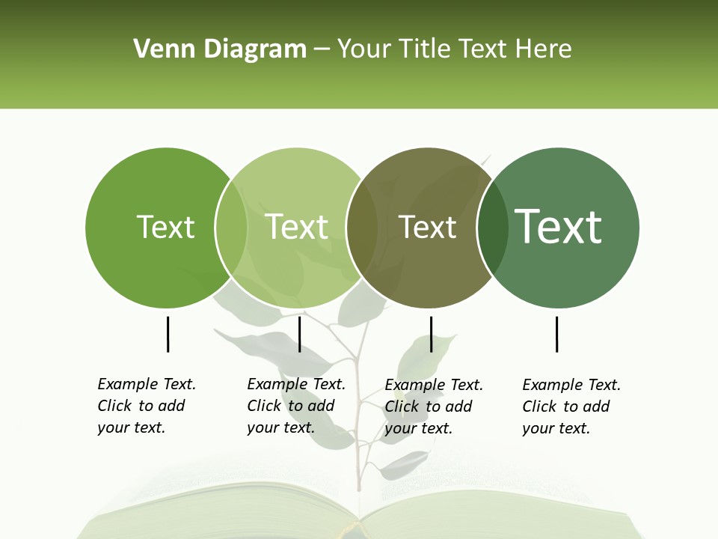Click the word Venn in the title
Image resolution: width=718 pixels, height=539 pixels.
point(156,49)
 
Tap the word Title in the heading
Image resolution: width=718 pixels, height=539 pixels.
point(426,49)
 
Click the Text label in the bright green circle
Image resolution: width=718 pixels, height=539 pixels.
point(165,227)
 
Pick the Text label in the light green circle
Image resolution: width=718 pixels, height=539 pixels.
point(296,227)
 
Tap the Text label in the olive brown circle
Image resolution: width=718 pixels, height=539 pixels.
point(427,227)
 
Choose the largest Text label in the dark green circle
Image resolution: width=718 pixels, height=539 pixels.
point(558,227)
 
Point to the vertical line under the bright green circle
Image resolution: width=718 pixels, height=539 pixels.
point(168,334)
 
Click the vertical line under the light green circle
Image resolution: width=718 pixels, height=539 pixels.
point(299,334)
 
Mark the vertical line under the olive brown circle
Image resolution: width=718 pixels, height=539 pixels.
point(431,334)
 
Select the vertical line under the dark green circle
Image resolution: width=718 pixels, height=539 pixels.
point(556,334)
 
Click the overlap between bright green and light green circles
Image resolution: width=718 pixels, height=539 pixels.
point(231,228)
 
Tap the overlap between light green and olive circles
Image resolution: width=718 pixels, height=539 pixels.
point(362,228)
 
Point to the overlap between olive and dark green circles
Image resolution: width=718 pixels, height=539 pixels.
point(493,228)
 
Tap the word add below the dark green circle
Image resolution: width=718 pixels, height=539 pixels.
point(596,406)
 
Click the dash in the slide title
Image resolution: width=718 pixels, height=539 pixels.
point(322,49)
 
